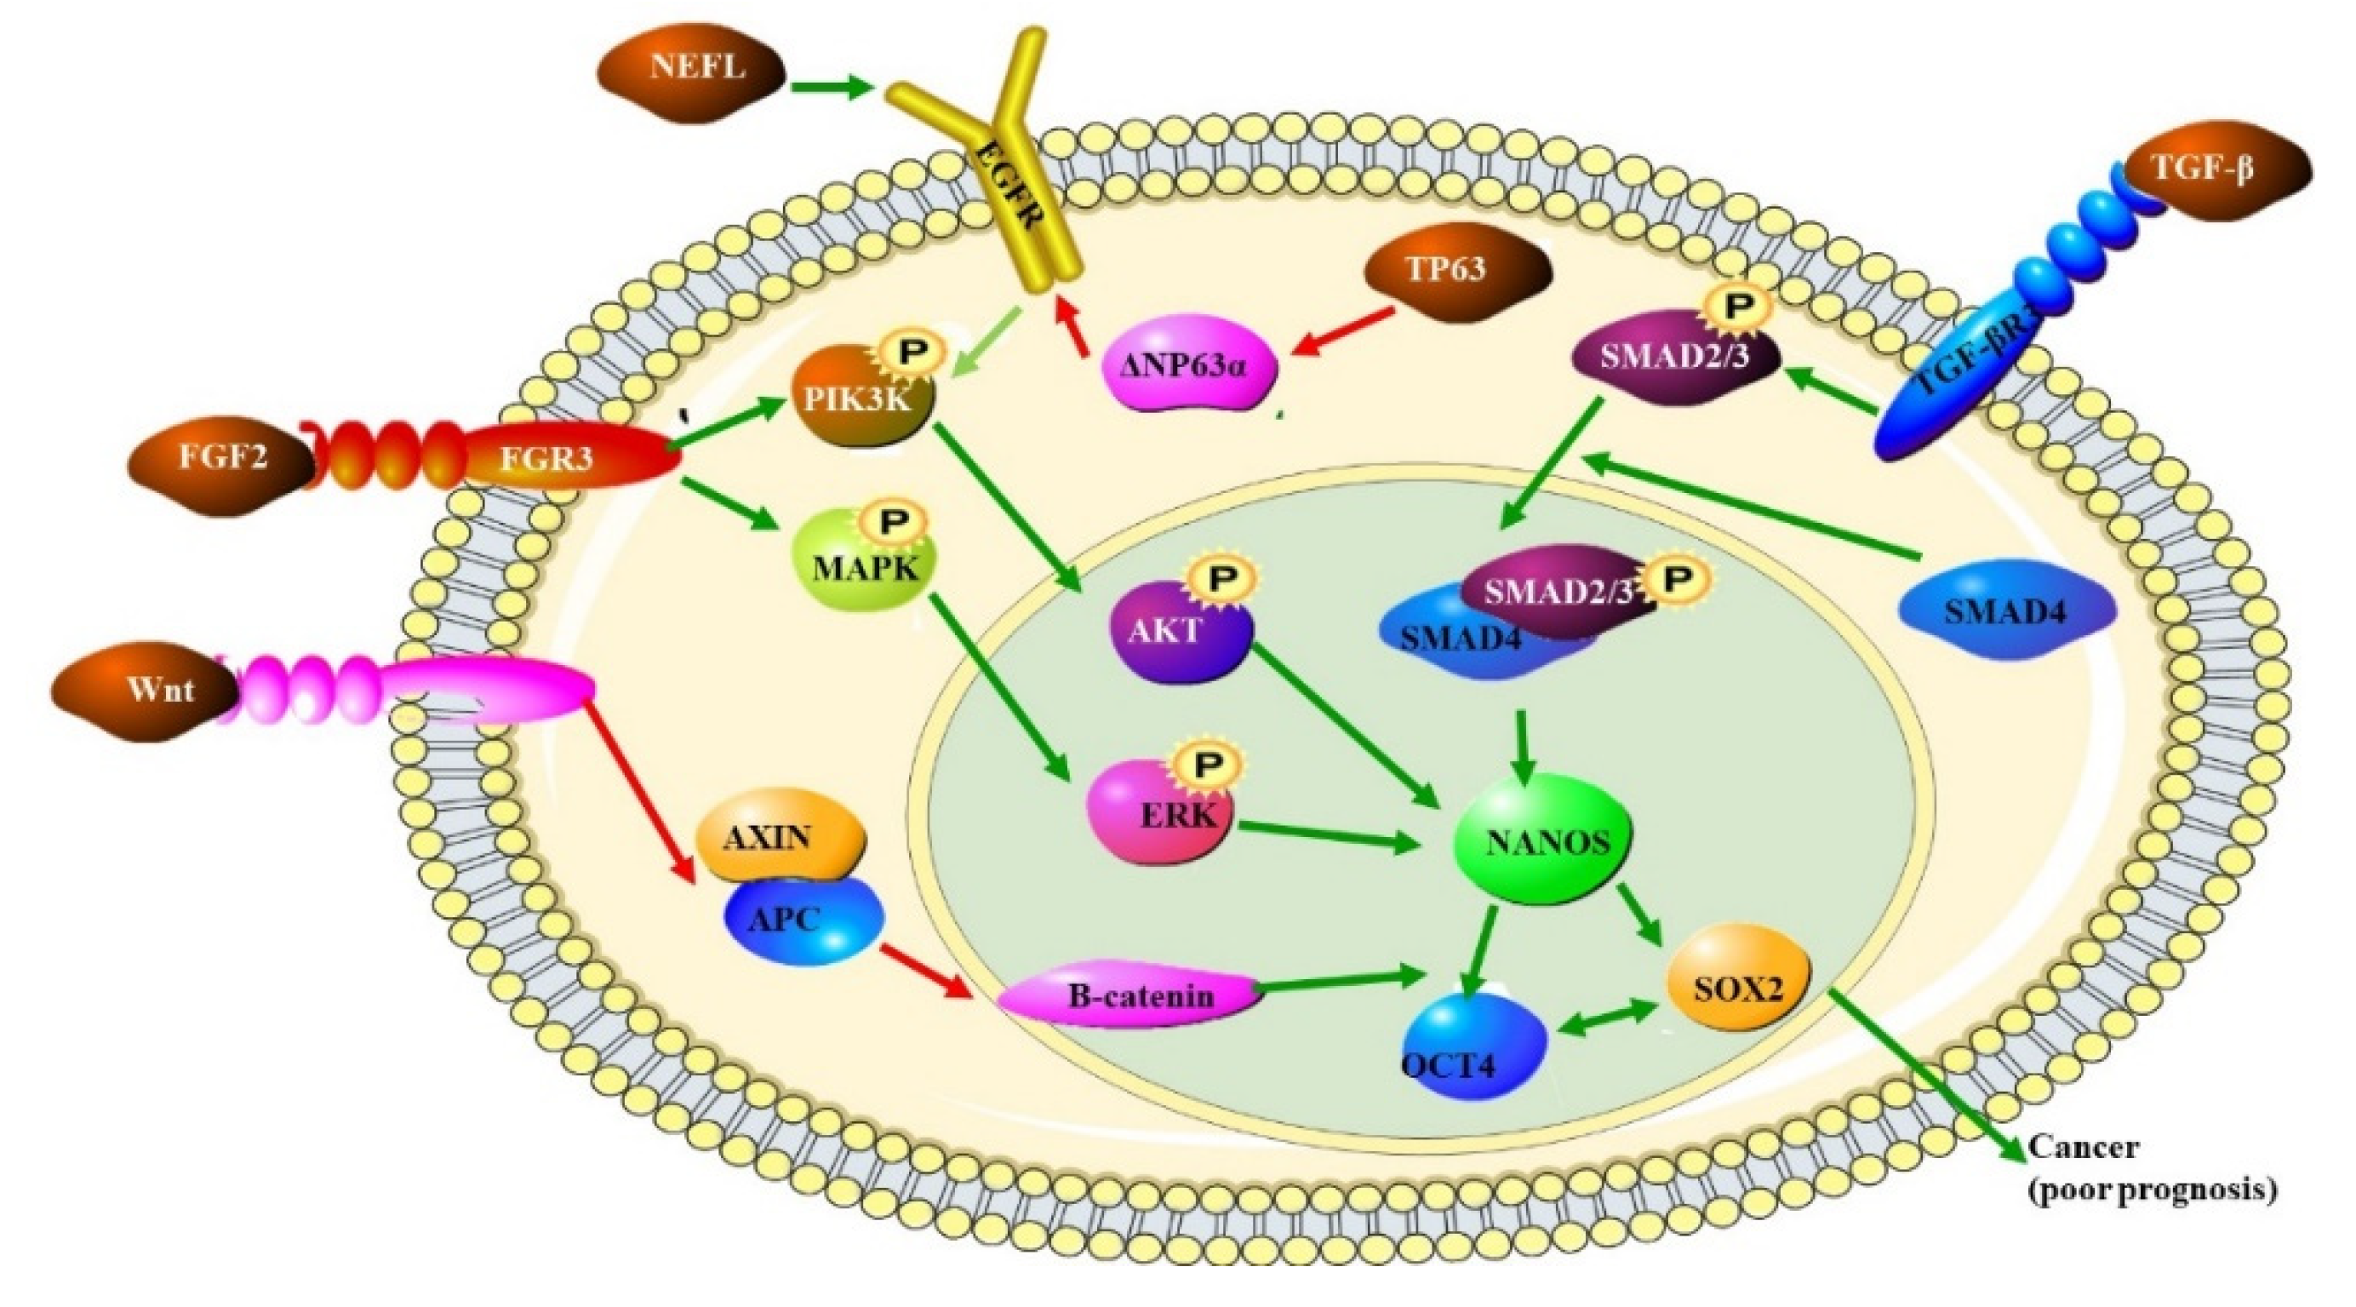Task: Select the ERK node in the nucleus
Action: (1160, 814)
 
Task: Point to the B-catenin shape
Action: (1130, 995)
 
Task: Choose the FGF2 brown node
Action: (222, 457)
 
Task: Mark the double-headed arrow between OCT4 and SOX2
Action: (1609, 1017)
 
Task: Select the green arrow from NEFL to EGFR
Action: (832, 89)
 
